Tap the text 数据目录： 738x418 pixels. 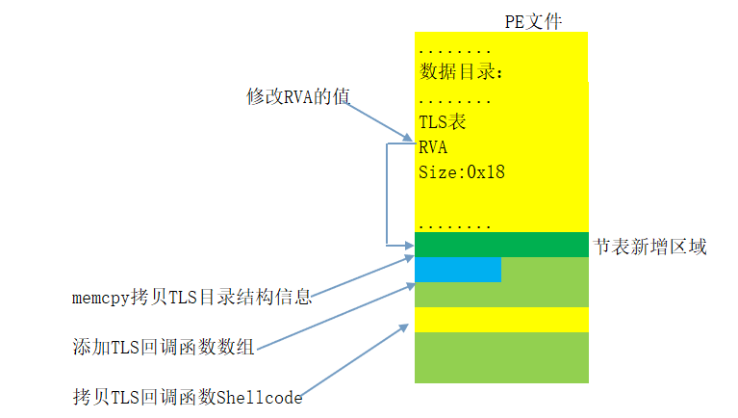point(462,72)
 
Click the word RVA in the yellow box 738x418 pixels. point(433,147)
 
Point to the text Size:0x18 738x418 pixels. point(462,173)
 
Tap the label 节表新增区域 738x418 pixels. point(650,248)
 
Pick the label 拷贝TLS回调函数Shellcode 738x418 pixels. point(187,396)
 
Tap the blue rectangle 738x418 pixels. point(458,270)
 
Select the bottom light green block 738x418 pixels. point(500,357)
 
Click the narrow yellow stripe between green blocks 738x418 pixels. point(500,320)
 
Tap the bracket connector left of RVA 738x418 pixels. point(386,194)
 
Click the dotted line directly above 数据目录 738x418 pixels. point(455,49)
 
